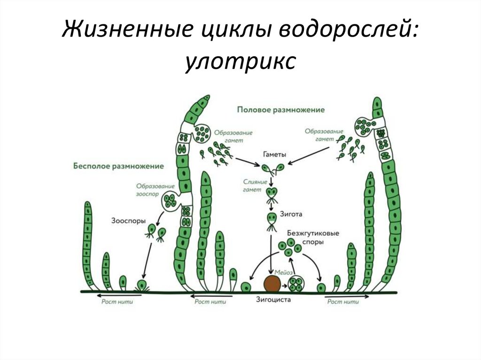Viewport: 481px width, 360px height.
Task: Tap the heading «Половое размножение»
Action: (281, 109)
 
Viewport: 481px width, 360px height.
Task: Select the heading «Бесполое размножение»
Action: (118, 166)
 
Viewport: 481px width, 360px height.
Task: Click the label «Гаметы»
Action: (275, 154)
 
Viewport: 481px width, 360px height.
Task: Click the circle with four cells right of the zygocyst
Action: (296, 283)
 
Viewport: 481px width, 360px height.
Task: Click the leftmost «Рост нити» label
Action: (117, 302)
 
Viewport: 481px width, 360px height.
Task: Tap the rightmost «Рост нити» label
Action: (343, 302)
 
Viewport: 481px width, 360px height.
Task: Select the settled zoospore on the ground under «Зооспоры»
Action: (141, 284)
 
